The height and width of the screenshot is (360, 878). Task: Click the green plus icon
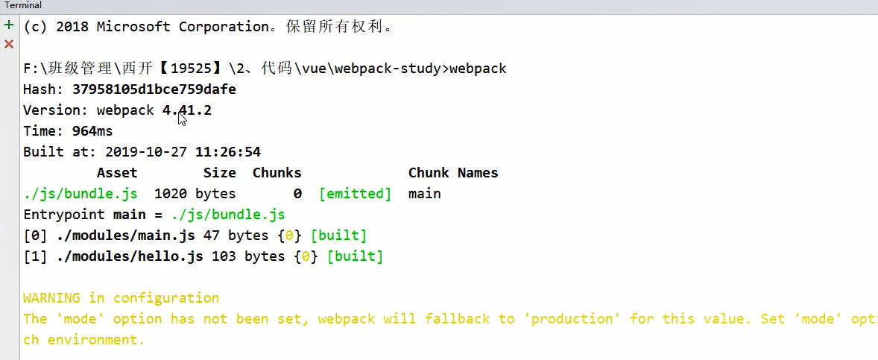click(9, 25)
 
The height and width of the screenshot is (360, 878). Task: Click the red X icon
click(9, 44)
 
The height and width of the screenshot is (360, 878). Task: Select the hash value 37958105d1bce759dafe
click(154, 89)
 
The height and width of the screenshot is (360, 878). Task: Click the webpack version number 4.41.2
click(187, 110)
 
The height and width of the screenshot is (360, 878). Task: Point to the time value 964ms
click(92, 131)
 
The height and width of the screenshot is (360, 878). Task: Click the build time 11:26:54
click(228, 152)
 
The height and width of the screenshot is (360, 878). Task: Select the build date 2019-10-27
click(146, 152)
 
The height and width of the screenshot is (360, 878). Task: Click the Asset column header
click(117, 173)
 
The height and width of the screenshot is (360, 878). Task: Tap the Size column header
click(220, 173)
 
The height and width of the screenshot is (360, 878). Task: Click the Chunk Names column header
click(453, 173)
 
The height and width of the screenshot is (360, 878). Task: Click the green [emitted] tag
click(355, 194)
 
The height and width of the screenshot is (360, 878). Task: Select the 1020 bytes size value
click(195, 194)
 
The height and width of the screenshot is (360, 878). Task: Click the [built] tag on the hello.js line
click(355, 256)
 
